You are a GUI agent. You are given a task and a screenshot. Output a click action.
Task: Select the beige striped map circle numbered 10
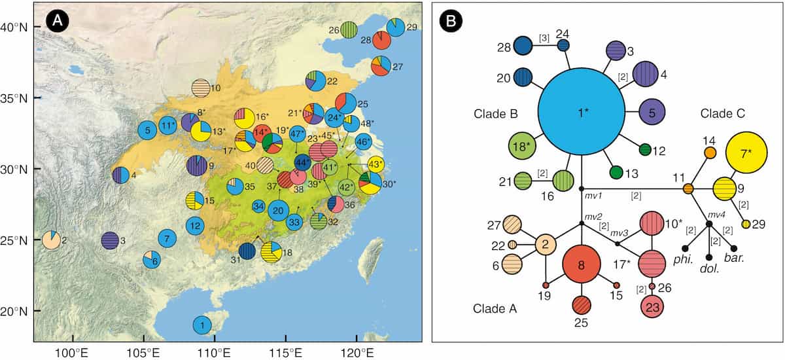[201, 87]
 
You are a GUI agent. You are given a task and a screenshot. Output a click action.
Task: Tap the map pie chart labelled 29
[395, 27]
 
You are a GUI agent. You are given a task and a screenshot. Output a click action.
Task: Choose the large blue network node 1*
[580, 112]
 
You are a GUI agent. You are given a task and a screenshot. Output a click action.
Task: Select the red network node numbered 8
[582, 266]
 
